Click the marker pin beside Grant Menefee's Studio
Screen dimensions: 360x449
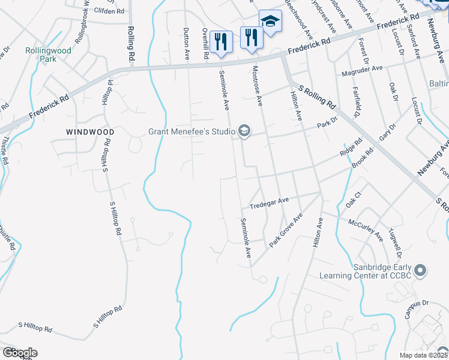click(x=244, y=131)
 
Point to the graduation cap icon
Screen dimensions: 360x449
click(x=270, y=22)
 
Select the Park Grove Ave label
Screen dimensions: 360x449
click(x=286, y=230)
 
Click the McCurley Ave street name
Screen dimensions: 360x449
click(x=366, y=229)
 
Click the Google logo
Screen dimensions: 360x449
click(x=19, y=353)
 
